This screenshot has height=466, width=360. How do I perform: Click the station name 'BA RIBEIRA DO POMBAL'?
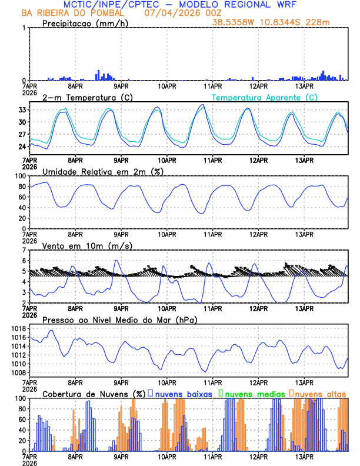click(72, 13)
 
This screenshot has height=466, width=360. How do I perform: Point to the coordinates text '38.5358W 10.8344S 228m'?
click(279, 22)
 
